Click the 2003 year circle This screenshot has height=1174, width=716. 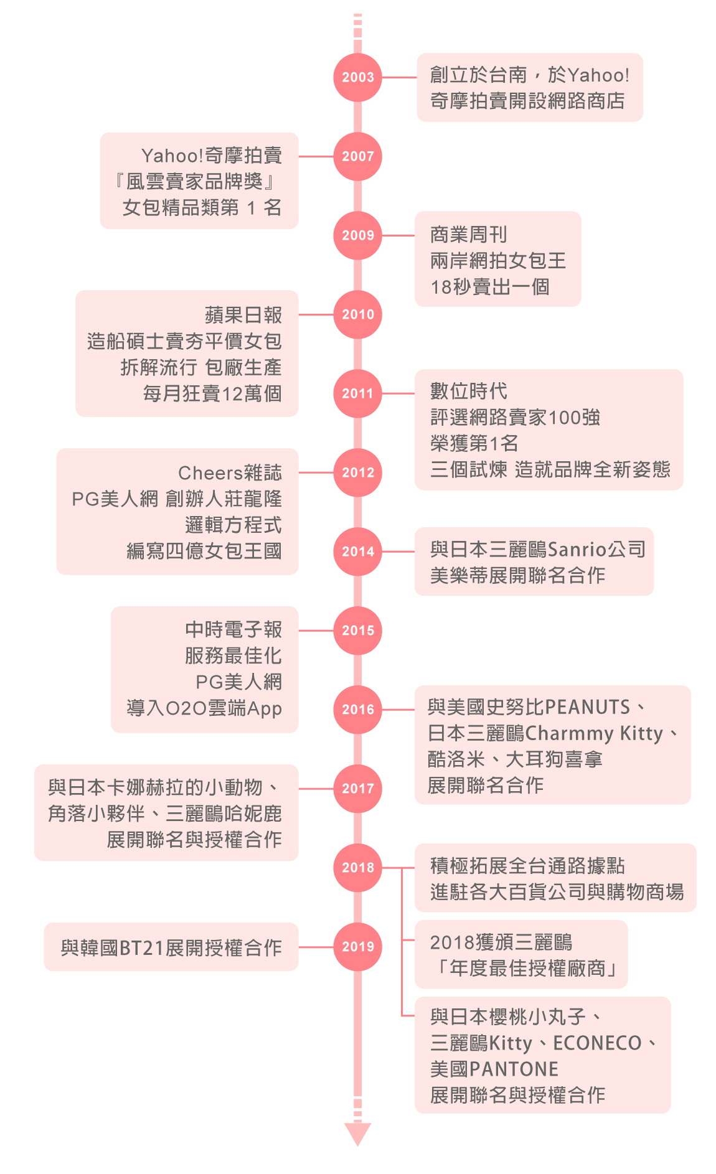click(x=357, y=77)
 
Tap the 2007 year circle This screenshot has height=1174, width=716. click(x=357, y=156)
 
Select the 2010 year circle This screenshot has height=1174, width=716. click(x=357, y=314)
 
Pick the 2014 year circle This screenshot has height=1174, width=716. click(x=357, y=552)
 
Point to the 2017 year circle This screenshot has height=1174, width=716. click(x=357, y=789)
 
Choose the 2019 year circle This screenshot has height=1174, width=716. click(x=357, y=947)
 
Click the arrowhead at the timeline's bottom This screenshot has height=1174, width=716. click(x=357, y=1134)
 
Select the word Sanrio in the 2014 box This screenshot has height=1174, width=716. click(x=577, y=550)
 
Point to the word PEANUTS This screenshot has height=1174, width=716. click(x=588, y=708)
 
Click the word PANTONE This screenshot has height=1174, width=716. click(x=514, y=1069)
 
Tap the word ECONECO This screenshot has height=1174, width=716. click(x=597, y=1043)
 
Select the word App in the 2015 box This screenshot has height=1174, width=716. click(x=265, y=709)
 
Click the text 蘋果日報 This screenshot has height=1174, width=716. click(x=243, y=315)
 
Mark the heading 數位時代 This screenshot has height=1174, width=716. click(x=469, y=392)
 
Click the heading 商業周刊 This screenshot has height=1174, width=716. click(x=469, y=235)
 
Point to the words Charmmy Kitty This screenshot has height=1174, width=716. click(x=594, y=734)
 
